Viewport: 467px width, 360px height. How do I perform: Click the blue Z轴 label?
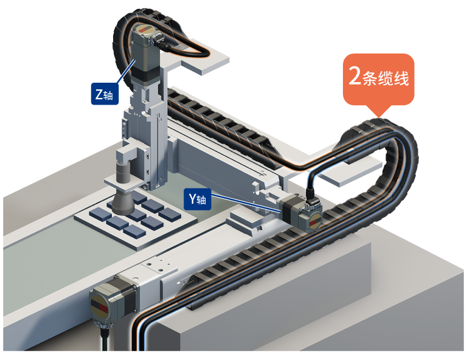tap(104, 95)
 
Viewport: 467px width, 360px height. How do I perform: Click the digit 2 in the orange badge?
tap(354, 77)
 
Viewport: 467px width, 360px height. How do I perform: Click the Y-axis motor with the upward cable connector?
tap(302, 215)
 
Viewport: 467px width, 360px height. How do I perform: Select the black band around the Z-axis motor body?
tap(146, 73)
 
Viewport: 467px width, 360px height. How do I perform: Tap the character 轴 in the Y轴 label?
tap(202, 199)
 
